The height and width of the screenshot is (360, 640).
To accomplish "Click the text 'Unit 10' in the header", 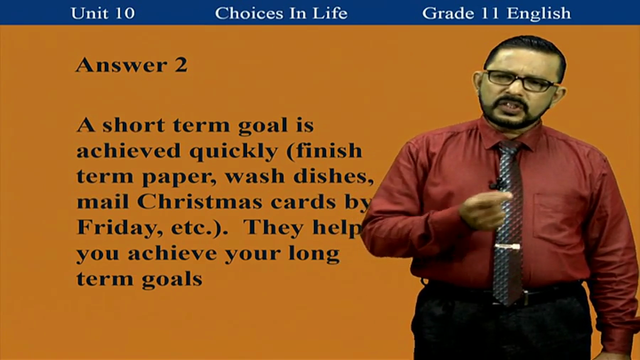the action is tap(102, 13).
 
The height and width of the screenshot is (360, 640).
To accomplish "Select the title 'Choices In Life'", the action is tap(281, 13).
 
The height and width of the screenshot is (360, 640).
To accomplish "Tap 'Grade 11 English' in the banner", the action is tap(496, 13).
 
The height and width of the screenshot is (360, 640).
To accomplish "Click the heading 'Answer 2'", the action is tap(131, 65).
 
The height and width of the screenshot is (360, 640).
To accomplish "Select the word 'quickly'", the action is tap(233, 152).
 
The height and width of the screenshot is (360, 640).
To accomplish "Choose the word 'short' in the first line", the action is tap(133, 125).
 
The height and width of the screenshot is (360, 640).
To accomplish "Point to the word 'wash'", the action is tap(255, 176).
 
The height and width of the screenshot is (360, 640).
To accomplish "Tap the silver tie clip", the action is tap(507, 246).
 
